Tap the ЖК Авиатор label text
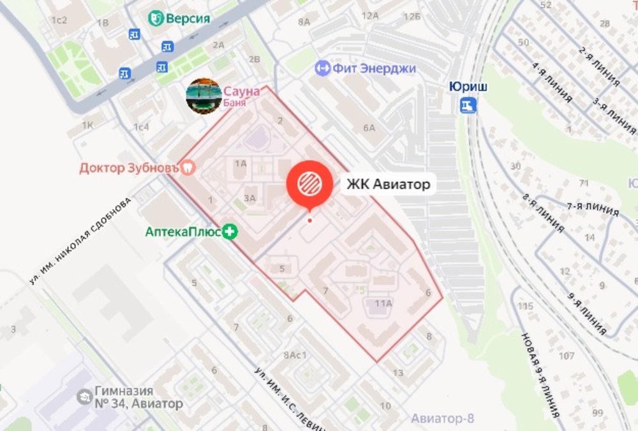389,185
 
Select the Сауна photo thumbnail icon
204,96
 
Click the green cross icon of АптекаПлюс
230,232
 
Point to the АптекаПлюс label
183,232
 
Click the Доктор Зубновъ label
130,168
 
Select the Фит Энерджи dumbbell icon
323,68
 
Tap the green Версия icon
156,18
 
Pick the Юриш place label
468,87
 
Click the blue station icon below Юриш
469,105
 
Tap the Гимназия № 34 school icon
84,397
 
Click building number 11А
383,303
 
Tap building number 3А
249,198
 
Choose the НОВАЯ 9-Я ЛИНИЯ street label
540,376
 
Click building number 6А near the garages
369,128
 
